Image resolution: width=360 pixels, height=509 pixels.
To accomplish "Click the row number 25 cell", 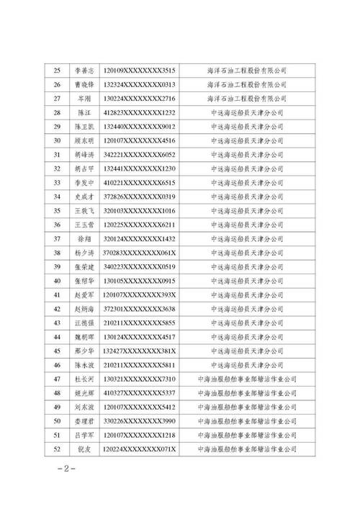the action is (58, 71).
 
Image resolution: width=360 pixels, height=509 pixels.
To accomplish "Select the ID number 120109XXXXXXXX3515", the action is (140, 71).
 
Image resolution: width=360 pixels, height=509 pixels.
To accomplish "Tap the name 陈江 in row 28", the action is (81, 112).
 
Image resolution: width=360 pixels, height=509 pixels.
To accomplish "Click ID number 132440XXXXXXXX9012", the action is (140, 126).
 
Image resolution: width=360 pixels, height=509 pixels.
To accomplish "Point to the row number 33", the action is (58, 182).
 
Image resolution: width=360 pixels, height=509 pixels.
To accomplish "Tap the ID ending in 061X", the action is (140, 252).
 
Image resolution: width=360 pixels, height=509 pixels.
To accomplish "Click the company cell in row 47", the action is (247, 378).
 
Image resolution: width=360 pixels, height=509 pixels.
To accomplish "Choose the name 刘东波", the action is (81, 406).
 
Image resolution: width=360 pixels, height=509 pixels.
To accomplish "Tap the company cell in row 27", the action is (247, 99).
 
